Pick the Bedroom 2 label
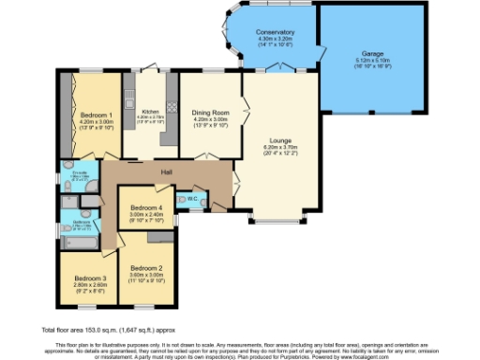pyautogui.click(x=148, y=266)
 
